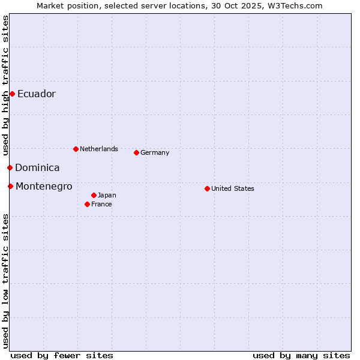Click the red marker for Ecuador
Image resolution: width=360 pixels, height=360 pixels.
click(x=12, y=94)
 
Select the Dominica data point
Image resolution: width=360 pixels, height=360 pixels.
click(x=10, y=167)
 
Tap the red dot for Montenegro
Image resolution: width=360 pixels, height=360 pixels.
click(x=10, y=186)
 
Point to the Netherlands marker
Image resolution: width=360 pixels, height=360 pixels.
click(x=76, y=149)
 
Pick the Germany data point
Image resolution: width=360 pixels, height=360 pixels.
click(x=136, y=152)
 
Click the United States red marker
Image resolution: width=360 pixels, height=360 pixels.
click(x=207, y=188)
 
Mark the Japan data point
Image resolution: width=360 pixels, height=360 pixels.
click(x=94, y=195)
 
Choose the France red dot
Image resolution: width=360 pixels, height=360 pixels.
click(x=87, y=204)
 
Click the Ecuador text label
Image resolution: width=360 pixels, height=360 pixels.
click(x=36, y=94)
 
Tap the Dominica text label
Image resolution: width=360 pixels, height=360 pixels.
click(x=37, y=168)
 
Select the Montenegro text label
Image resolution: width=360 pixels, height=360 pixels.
click(x=44, y=187)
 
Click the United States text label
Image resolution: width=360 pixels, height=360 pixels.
click(x=232, y=188)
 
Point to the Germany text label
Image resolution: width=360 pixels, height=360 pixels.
click(x=155, y=152)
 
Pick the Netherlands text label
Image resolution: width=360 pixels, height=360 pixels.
click(x=98, y=149)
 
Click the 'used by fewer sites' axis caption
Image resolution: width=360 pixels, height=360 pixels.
click(x=62, y=355)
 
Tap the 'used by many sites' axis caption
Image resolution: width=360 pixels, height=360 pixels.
click(x=301, y=355)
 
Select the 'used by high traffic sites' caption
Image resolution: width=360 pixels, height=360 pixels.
click(x=6, y=84)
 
